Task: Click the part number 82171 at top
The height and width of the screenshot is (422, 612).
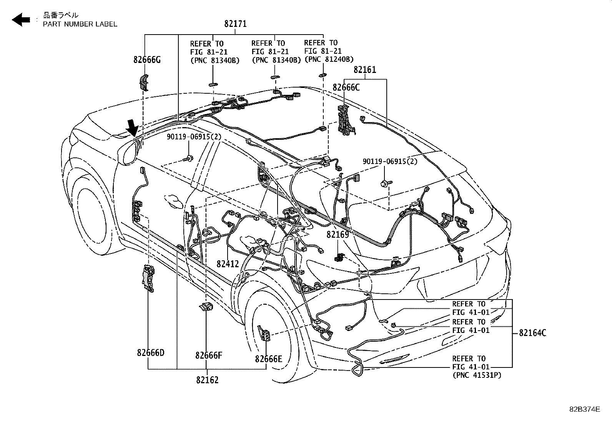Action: (235, 24)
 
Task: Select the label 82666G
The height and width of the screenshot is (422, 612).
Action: (147, 60)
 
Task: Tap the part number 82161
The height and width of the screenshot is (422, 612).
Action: (365, 70)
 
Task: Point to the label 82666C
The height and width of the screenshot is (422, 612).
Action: (346, 88)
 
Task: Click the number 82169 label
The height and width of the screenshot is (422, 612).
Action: (338, 234)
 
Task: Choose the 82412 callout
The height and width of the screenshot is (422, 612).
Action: (228, 264)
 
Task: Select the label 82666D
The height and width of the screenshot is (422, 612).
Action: (150, 352)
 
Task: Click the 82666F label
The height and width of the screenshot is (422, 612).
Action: (208, 355)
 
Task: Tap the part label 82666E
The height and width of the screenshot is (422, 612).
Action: (268, 359)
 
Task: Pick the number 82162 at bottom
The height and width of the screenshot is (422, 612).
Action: (207, 380)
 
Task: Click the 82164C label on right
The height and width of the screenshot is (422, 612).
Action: (532, 333)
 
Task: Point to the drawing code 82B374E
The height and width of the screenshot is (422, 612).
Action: (584, 409)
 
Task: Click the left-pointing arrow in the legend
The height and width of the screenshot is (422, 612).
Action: (21, 19)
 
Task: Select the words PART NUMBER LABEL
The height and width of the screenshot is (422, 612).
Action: (80, 24)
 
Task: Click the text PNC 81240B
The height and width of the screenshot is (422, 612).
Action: (329, 60)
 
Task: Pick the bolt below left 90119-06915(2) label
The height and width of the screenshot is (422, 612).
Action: (188, 157)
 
